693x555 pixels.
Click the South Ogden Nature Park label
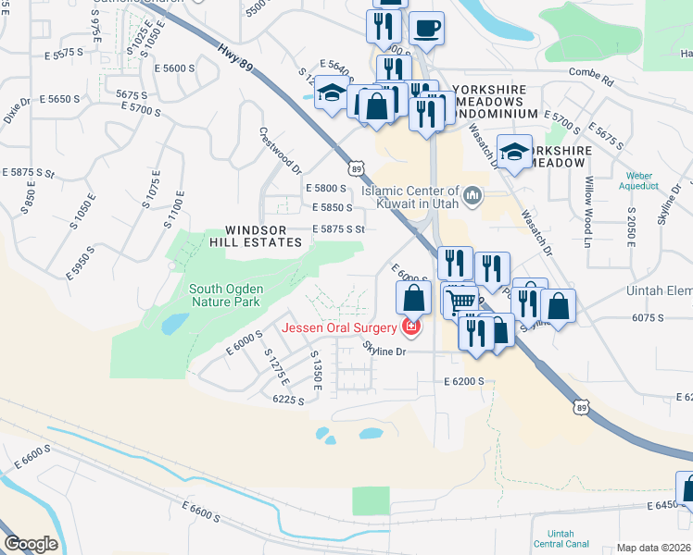pyautogui.click(x=227, y=295)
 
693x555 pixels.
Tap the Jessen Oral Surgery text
pyautogui.click(x=340, y=327)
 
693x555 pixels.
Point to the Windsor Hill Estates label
pyautogui.click(x=263, y=236)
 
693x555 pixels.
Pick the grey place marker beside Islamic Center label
pyautogui.click(x=473, y=194)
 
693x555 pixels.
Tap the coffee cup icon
pyautogui.click(x=426, y=29)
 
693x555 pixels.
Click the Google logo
pyautogui.click(x=31, y=544)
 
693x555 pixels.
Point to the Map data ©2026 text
pyautogui.click(x=654, y=548)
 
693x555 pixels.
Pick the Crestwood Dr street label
pyautogui.click(x=280, y=150)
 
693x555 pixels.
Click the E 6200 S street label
pyautogui.click(x=464, y=381)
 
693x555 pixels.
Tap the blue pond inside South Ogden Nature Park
pyautogui.click(x=171, y=324)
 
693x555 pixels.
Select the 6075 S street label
pyautogui.click(x=623, y=317)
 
